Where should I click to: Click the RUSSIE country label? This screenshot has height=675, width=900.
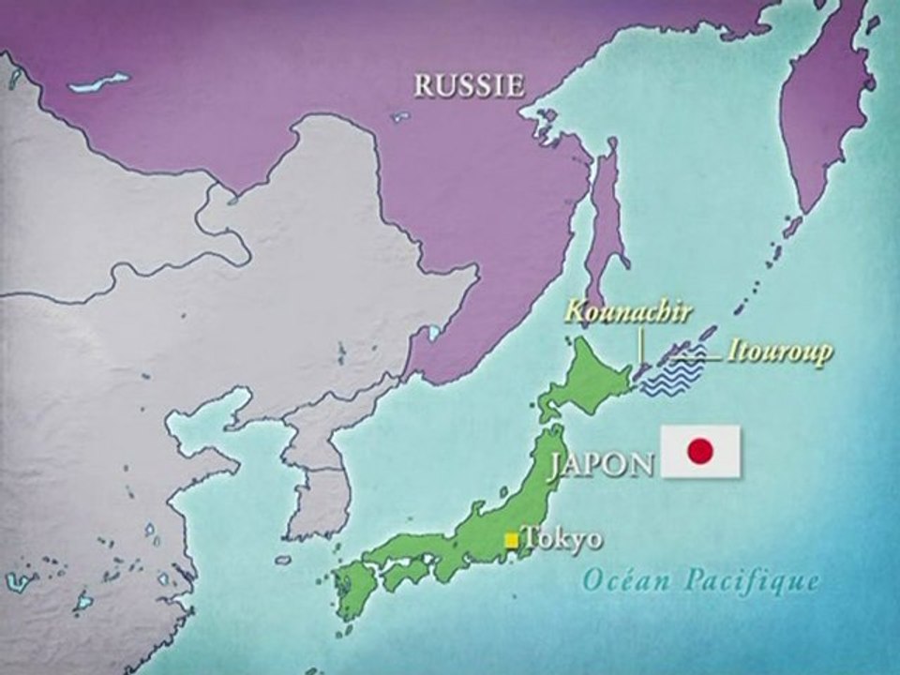(x=469, y=86)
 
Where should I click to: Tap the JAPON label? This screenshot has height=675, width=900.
(x=601, y=464)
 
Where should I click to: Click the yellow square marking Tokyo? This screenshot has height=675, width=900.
(x=511, y=539)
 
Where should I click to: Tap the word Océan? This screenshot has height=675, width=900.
(x=622, y=580)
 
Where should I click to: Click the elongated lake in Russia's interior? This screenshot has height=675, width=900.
(x=98, y=82)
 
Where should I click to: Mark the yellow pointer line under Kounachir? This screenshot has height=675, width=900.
(x=641, y=347)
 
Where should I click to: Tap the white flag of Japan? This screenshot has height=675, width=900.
(x=700, y=452)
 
